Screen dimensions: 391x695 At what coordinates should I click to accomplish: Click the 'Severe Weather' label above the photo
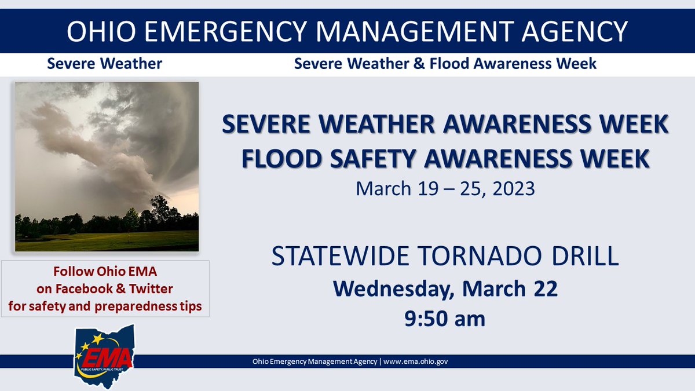click(105, 64)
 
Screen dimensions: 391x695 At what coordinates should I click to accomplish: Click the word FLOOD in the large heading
click(288, 159)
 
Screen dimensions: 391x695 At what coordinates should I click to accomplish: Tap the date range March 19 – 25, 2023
click(445, 189)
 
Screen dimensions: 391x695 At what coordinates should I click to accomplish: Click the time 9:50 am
click(445, 318)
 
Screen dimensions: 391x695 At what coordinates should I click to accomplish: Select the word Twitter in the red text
click(153, 288)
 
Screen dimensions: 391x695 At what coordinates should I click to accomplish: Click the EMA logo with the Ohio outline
click(105, 356)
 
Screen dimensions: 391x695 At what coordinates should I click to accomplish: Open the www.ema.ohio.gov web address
click(415, 361)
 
